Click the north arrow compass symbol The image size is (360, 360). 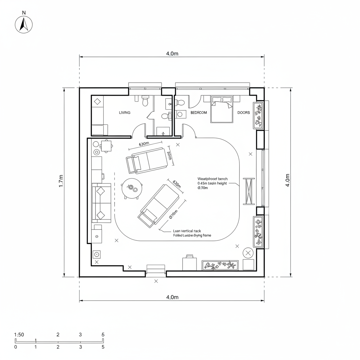[24, 24]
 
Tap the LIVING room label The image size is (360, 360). [124, 112]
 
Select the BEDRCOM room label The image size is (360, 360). [199, 112]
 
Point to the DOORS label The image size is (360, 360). [244, 112]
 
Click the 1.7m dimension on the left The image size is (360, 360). [61, 181]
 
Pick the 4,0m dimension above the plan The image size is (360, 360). [172, 53]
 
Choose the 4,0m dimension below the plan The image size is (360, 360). [172, 297]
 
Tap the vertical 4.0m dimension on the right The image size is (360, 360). [287, 180]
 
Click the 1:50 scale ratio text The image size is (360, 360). [19, 334]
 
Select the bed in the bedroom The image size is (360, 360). [221, 109]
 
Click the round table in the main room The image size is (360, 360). [132, 188]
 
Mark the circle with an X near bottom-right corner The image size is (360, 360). [248, 252]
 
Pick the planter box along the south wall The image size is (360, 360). [220, 265]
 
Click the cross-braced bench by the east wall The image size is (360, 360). [249, 191]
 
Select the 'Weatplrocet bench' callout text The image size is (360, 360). [213, 179]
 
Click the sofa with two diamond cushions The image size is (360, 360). [101, 203]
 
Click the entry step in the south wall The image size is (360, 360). [156, 269]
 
